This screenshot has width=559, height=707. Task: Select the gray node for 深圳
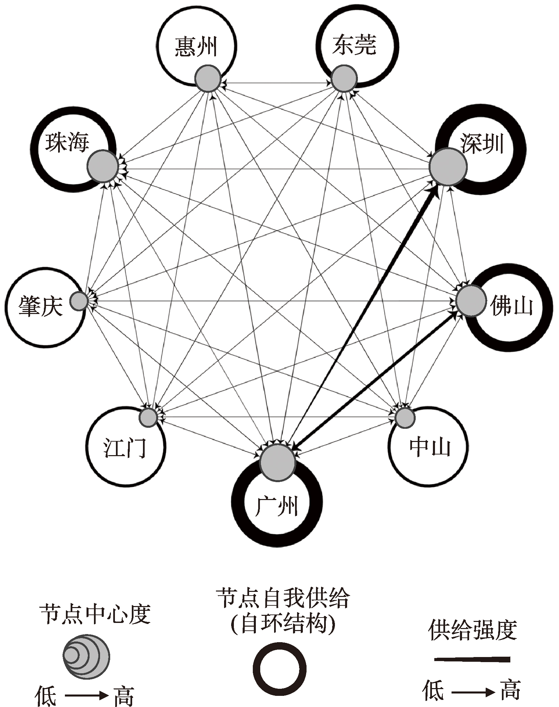tap(448, 166)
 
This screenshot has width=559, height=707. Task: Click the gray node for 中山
tap(405, 418)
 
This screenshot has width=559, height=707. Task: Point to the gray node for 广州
tap(277, 463)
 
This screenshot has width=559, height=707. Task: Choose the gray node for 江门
tap(148, 417)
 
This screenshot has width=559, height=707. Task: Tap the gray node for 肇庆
tap(79, 301)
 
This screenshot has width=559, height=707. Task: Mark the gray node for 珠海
tap(103, 166)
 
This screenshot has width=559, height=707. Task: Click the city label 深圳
tap(482, 144)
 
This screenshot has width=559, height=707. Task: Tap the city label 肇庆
tap(41, 306)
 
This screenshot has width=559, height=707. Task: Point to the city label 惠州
tap(196, 47)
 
